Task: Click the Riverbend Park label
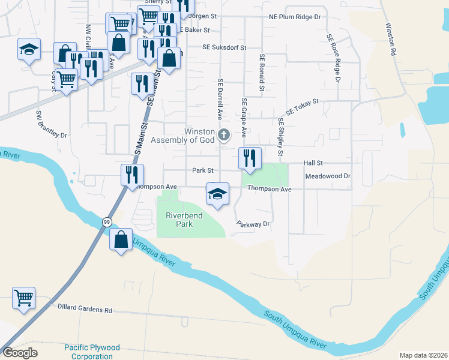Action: [184, 219]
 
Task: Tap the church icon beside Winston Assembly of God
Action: [224, 134]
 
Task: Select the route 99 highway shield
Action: [106, 222]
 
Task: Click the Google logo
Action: [20, 353]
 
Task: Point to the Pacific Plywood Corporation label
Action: [92, 352]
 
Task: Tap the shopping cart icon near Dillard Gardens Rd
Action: [24, 297]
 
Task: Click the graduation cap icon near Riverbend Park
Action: [217, 194]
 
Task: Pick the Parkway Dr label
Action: [253, 224]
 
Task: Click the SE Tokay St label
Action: [301, 107]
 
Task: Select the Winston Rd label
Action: [391, 40]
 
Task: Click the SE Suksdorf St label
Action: [224, 46]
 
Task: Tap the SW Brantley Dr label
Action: [52, 124]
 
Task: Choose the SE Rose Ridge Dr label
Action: [334, 58]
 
